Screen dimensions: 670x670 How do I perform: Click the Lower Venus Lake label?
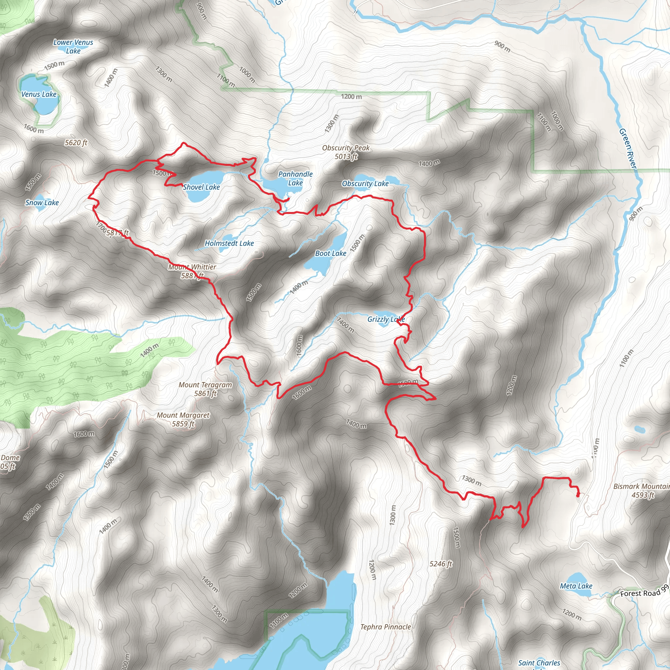point(73,46)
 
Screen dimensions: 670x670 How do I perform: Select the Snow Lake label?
point(42,203)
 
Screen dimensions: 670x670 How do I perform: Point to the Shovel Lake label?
point(202,187)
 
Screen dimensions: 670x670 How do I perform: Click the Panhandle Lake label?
point(295,178)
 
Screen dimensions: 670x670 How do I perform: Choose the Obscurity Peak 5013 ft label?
point(346,152)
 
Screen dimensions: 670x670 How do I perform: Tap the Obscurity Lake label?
point(365,184)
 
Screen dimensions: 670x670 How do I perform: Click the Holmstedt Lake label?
point(229,243)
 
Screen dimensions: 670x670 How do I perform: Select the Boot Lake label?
point(330,254)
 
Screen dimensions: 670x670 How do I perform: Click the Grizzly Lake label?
point(386,319)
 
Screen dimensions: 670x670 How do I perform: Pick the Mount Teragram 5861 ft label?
point(205,389)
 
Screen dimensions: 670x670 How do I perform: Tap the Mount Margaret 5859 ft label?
point(183,419)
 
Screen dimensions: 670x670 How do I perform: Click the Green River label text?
point(628,149)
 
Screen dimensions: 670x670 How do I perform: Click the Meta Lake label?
point(576,586)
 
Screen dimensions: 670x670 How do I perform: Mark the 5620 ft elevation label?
point(76,143)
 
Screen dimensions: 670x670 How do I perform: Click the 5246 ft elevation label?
point(441,564)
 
